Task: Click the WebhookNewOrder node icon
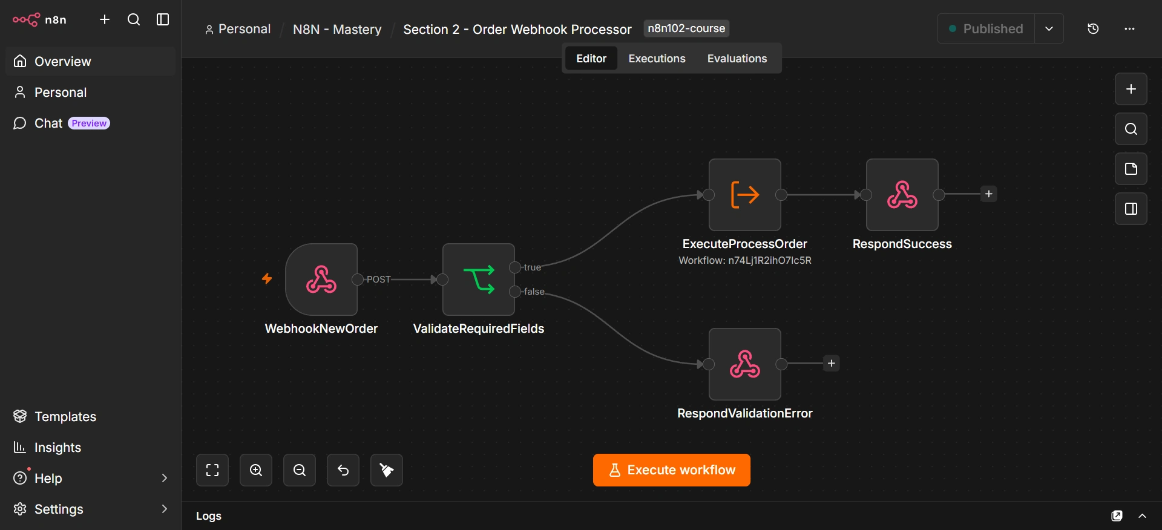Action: point(321,280)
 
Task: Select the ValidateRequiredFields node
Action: point(479,280)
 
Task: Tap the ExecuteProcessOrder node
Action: point(745,195)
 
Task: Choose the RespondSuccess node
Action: point(902,195)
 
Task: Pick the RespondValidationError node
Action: point(745,364)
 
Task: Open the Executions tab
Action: point(657,59)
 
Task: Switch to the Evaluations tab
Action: point(737,59)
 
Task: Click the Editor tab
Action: point(591,59)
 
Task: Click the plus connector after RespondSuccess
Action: point(989,194)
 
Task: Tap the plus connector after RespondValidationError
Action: point(832,364)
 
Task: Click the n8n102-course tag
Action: point(686,28)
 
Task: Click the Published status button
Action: point(986,28)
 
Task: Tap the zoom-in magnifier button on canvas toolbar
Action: point(256,470)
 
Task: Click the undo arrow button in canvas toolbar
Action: point(343,470)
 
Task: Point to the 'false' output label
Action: point(534,292)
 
